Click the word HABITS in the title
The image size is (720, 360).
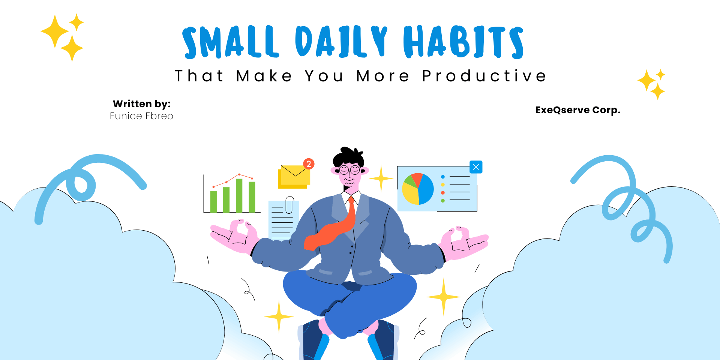pyautogui.click(x=463, y=42)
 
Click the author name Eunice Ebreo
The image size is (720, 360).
pyautogui.click(x=141, y=116)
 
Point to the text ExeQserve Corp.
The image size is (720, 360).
pyautogui.click(x=578, y=110)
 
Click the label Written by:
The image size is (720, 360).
pyautogui.click(x=142, y=104)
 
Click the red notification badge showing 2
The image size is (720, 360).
pyautogui.click(x=309, y=164)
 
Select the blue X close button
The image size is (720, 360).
pyautogui.click(x=476, y=167)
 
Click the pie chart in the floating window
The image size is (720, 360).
pyautogui.click(x=418, y=189)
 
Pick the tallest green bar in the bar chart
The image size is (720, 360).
pyautogui.click(x=239, y=195)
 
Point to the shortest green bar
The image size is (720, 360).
pyautogui.click(x=213, y=202)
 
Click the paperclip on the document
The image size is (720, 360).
pyautogui.click(x=289, y=205)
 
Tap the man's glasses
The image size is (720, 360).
pyautogui.click(x=349, y=170)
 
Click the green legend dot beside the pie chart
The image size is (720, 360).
pyautogui.click(x=443, y=201)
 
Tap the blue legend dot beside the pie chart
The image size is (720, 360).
pyautogui.click(x=443, y=177)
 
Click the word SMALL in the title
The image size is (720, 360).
pyautogui.click(x=231, y=42)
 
